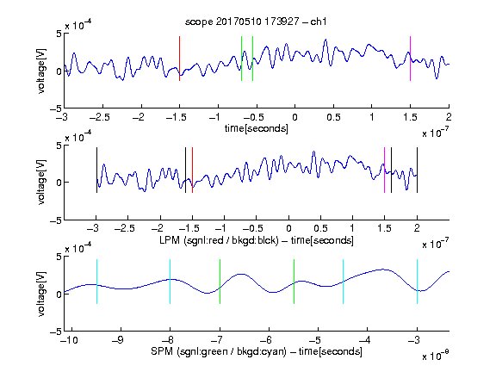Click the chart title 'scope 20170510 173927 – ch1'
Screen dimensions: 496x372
click(256, 22)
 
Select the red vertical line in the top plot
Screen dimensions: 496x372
click(179, 59)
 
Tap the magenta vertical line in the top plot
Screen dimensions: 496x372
click(410, 59)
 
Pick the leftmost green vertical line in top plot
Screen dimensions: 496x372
click(241, 59)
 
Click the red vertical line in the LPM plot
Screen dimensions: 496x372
click(192, 170)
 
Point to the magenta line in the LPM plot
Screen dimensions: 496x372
click(384, 170)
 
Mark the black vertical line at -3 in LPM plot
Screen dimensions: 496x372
click(96, 170)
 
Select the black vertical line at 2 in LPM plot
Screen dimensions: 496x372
click(417, 170)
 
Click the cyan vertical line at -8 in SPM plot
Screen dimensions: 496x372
click(170, 282)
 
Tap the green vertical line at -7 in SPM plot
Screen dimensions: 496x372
click(220, 282)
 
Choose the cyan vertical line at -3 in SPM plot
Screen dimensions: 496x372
click(417, 282)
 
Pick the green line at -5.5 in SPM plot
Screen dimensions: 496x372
click(294, 282)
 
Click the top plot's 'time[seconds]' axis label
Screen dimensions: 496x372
click(257, 129)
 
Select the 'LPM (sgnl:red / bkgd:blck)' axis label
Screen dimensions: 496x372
click(219, 240)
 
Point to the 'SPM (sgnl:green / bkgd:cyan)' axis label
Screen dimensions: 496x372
click(219, 351)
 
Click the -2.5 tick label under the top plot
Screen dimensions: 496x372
click(100, 117)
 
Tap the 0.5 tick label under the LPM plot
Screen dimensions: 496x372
click(320, 228)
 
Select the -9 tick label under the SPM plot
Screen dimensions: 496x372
click(118, 340)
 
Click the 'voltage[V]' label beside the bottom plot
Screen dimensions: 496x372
click(41, 294)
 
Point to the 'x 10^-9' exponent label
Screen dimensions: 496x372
click(435, 356)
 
